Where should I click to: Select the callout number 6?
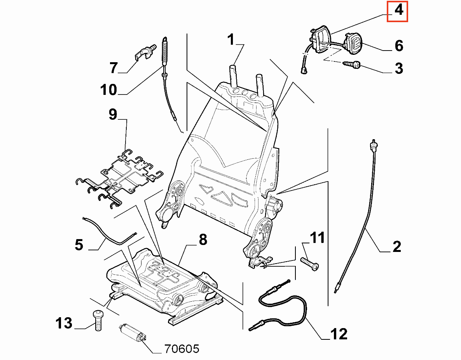tap(399, 46)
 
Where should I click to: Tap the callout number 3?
tap(399, 68)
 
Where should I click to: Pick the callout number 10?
tap(108, 90)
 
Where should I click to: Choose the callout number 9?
tap(113, 115)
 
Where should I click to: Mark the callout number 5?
tap(79, 245)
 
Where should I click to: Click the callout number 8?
tap(203, 240)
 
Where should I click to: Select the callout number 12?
tap(339, 334)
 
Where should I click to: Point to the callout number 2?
tap(397, 246)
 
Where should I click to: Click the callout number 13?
tap(64, 323)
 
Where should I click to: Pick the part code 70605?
tap(181, 349)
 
